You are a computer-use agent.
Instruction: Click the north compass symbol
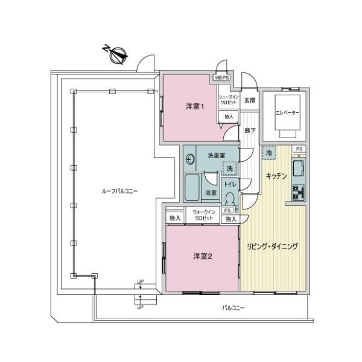point(117,54)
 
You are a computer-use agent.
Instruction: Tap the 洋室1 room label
point(195,107)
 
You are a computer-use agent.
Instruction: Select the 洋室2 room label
point(203,256)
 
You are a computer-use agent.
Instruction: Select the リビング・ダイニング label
point(272,246)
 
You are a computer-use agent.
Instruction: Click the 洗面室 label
point(215,155)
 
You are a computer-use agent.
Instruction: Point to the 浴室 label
point(211,193)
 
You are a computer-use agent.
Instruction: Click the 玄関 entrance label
point(249,100)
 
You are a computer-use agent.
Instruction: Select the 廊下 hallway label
point(249,130)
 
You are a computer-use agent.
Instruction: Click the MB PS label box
point(221,78)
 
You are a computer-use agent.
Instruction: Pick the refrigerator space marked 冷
point(268,153)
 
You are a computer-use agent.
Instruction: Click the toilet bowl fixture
point(229,197)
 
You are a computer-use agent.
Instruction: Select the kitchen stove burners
point(298,192)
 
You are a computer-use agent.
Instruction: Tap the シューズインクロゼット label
point(229,99)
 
